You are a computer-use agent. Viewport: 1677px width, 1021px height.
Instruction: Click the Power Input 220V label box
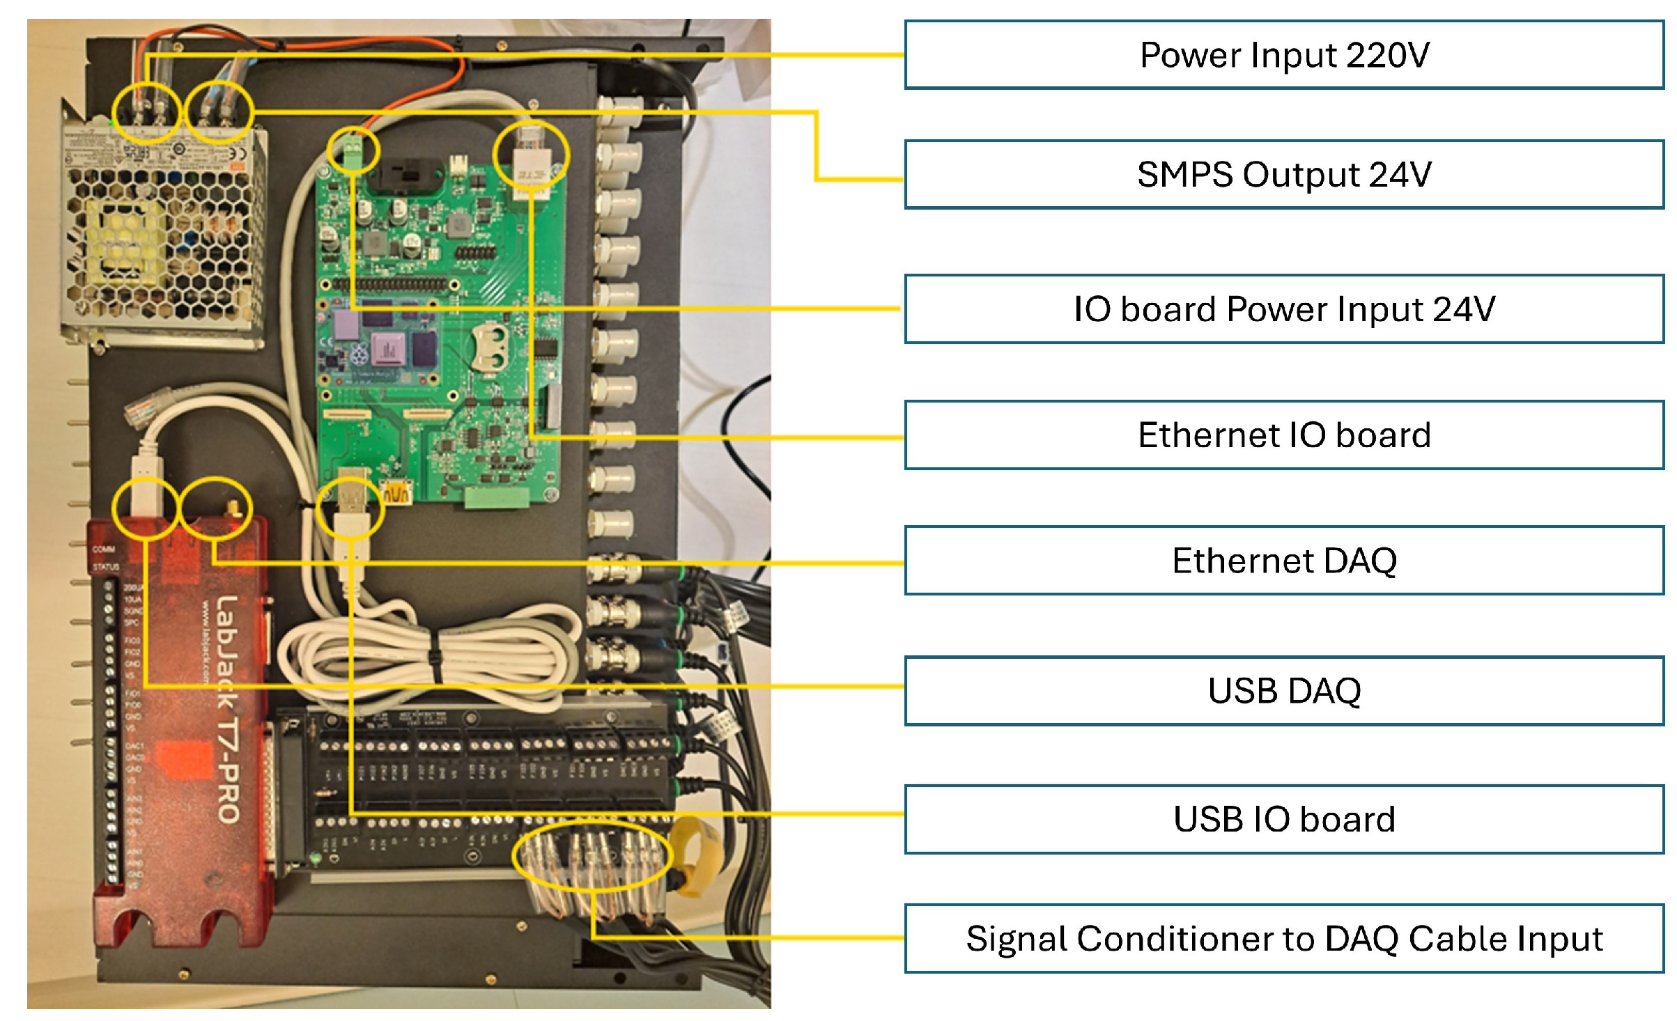[x=1283, y=55]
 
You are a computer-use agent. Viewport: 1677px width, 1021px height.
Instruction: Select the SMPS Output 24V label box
[x=1283, y=175]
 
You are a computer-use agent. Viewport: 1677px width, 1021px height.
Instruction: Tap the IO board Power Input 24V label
[x=1283, y=309]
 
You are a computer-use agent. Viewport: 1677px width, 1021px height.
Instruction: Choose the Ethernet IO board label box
[x=1283, y=435]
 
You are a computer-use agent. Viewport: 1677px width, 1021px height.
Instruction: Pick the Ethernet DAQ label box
[x=1283, y=561]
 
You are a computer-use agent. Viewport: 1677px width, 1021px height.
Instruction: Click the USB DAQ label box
[x=1283, y=691]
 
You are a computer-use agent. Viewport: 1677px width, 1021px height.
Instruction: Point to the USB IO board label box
[x=1283, y=819]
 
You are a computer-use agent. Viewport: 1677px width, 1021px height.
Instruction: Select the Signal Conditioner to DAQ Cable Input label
[x=1283, y=939]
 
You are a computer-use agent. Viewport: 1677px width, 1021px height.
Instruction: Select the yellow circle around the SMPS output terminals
[x=219, y=111]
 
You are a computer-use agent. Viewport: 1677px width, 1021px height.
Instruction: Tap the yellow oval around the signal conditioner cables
[x=592, y=856]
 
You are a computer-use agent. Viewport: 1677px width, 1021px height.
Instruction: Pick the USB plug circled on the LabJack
[x=146, y=498]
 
